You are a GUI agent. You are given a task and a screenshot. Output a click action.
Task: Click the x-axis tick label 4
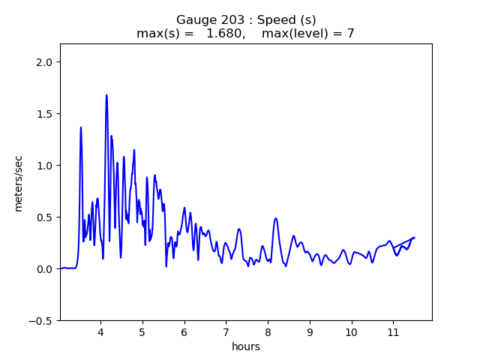[100, 332]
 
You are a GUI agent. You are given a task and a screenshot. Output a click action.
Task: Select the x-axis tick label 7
[226, 332]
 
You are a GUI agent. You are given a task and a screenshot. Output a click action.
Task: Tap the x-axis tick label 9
[309, 332]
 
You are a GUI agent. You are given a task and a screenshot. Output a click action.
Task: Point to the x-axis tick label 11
[392, 332]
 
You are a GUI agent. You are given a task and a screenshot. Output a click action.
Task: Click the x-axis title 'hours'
[246, 347]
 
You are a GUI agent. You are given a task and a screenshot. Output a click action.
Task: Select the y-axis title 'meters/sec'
[19, 183]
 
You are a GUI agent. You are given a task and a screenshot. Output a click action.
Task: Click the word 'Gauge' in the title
[193, 19]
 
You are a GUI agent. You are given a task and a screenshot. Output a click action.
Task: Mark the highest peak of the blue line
[106, 95]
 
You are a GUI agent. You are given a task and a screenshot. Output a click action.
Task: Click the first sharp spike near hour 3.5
[81, 127]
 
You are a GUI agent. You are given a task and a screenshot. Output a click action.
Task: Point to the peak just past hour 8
[276, 218]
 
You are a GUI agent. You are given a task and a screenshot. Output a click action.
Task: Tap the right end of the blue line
[414, 238]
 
